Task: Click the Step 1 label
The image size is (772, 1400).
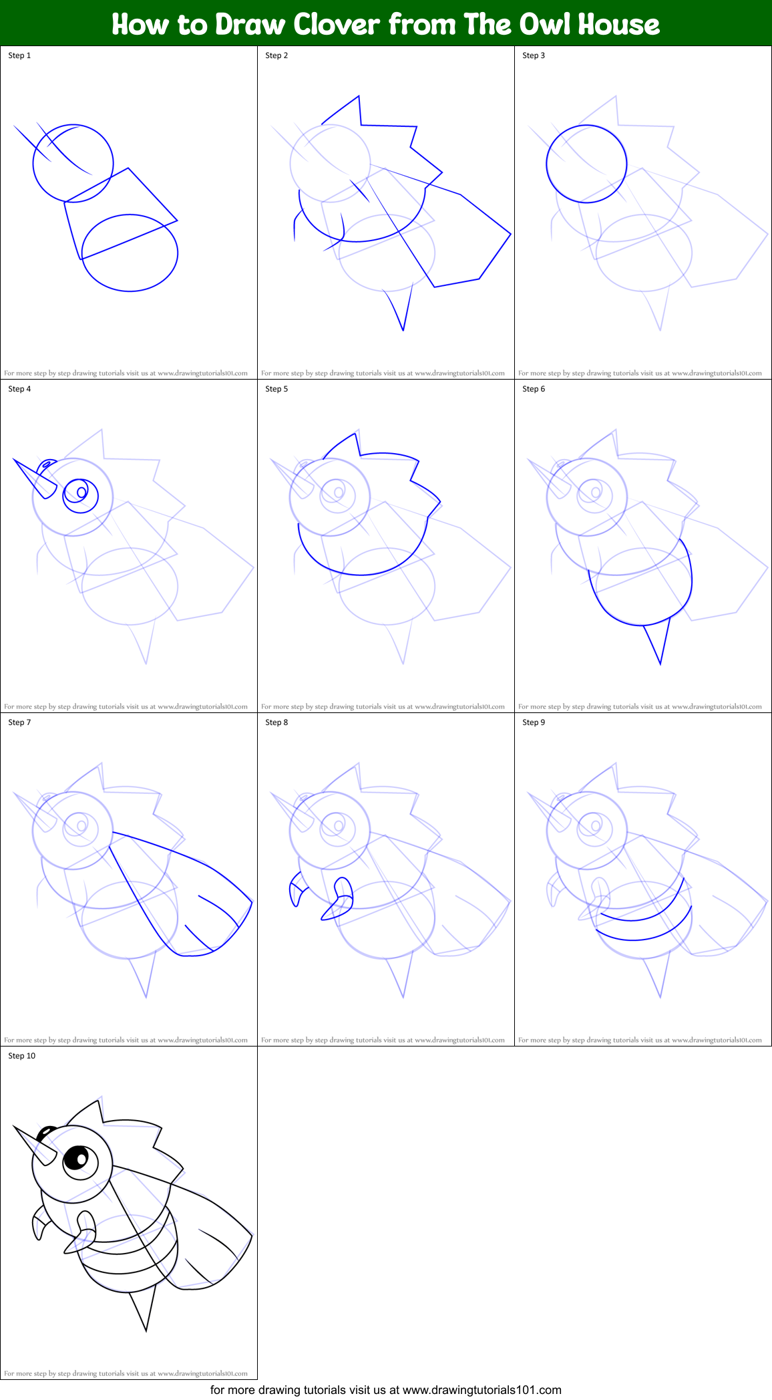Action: (19, 55)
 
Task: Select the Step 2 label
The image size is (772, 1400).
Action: (276, 55)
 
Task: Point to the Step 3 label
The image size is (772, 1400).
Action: (534, 55)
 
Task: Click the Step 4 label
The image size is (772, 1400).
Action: (19, 389)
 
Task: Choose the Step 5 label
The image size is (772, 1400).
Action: (276, 389)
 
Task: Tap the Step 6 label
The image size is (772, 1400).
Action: (534, 389)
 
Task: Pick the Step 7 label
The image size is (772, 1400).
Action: (19, 722)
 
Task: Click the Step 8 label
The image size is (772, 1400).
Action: (276, 722)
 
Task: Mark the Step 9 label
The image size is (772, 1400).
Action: (534, 722)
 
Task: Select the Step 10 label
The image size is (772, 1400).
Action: (21, 1056)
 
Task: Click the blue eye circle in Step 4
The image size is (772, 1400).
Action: (81, 495)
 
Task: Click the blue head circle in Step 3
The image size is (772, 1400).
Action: (586, 164)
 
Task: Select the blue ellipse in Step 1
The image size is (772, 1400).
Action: (130, 253)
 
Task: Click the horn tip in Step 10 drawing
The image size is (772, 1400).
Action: (15, 1129)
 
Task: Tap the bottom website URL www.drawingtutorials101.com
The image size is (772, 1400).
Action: (481, 1390)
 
